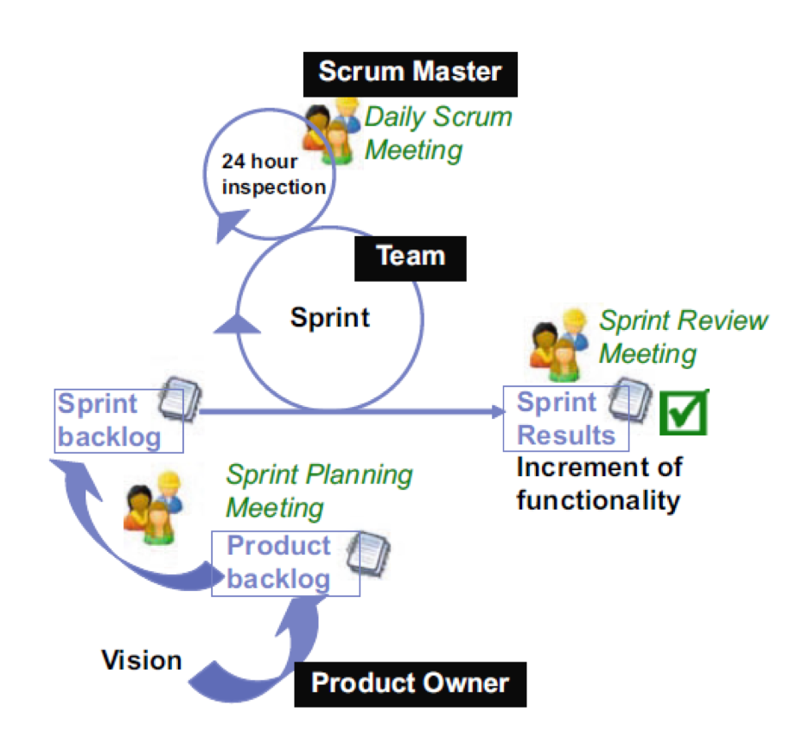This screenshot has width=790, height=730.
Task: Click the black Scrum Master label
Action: click(x=410, y=72)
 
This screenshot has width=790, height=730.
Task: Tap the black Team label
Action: click(x=411, y=257)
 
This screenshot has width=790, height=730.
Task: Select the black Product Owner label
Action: click(x=410, y=683)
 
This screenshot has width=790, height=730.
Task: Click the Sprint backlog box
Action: click(x=110, y=421)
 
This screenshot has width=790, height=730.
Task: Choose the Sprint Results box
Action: click(x=557, y=419)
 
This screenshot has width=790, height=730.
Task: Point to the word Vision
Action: click(x=142, y=661)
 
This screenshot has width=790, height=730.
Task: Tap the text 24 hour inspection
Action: click(x=272, y=174)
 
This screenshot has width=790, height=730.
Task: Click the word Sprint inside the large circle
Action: click(x=330, y=317)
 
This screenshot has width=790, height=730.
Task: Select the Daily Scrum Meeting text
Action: click(x=438, y=133)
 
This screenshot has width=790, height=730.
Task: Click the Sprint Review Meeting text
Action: click(x=683, y=337)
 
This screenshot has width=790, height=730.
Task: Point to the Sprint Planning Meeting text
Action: click(x=318, y=490)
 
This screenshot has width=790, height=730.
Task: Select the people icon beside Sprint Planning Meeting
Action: click(x=153, y=513)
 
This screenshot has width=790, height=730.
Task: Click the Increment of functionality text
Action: click(x=599, y=483)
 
